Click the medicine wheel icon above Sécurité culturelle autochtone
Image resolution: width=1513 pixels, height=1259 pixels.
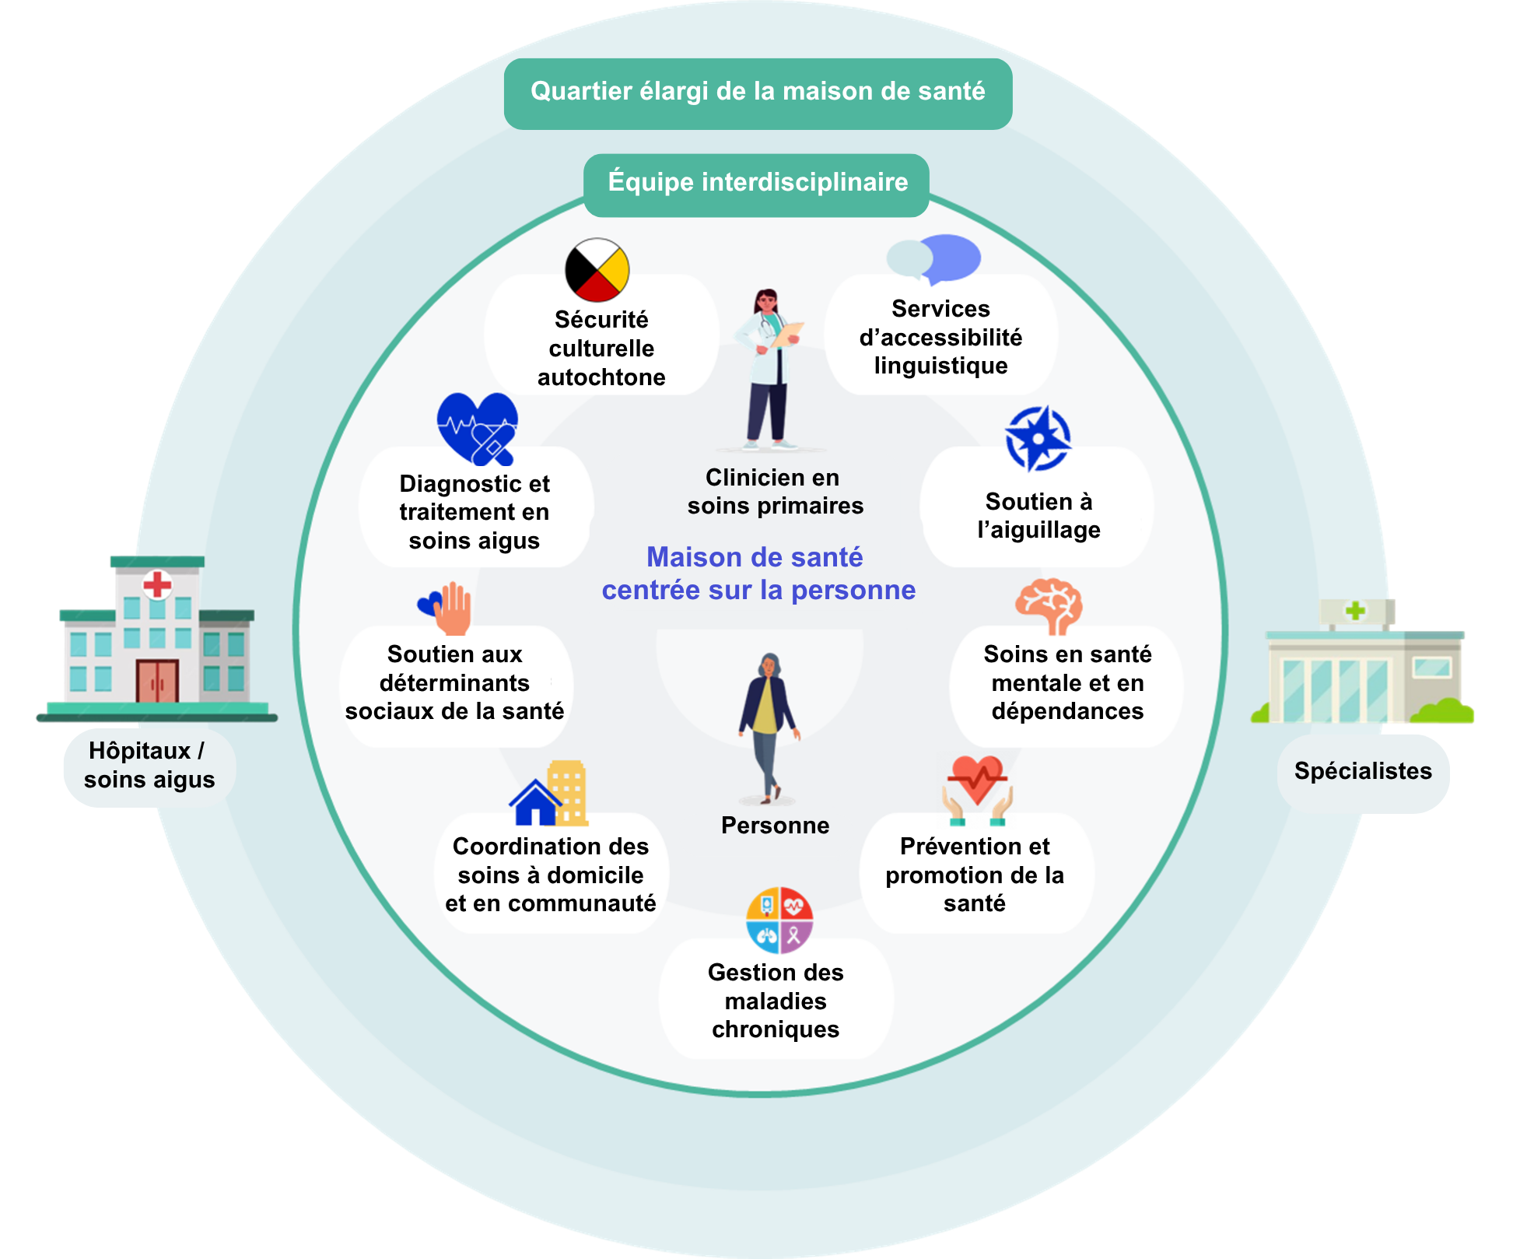[x=597, y=270]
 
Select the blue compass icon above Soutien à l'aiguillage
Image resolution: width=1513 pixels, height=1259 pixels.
[x=1038, y=439]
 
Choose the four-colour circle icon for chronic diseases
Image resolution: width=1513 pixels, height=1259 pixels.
[x=779, y=921]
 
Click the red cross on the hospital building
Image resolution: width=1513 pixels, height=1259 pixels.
[x=157, y=584]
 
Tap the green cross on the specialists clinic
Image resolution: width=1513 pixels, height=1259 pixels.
[x=1355, y=611]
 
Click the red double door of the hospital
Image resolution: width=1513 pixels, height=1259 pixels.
[x=157, y=681]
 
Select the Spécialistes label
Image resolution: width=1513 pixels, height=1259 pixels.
[x=1363, y=771]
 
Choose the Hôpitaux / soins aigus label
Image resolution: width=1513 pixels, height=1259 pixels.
[x=149, y=766]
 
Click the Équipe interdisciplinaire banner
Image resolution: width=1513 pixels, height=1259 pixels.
[x=757, y=183]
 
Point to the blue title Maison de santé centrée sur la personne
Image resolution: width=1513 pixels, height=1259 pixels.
[x=758, y=573]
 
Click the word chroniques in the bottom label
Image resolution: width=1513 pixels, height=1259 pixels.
[x=776, y=1029]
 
